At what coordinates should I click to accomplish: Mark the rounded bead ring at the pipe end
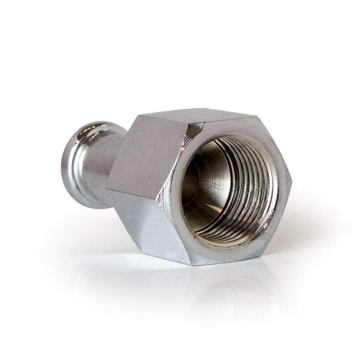tap(74, 166)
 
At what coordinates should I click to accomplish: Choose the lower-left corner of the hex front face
tap(157, 198)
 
